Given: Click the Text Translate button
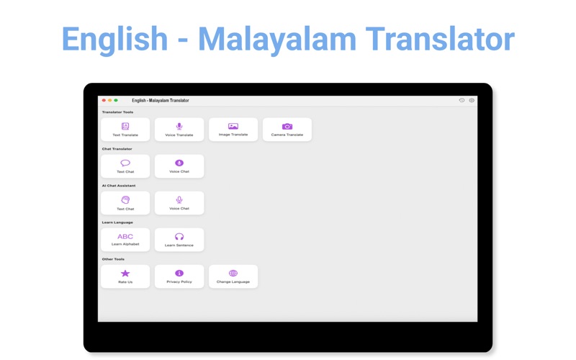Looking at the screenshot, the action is [125, 130].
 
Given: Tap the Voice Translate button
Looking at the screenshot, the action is [179, 130].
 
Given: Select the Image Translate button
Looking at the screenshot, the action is [233, 130].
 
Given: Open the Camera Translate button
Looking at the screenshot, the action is [287, 130].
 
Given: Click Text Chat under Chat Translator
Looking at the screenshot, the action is [125, 166].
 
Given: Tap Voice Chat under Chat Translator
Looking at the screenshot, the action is [179, 166].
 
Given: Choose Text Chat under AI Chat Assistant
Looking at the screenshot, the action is [125, 203].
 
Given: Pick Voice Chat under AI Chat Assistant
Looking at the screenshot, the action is [179, 203].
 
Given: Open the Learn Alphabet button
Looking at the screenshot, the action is [125, 240].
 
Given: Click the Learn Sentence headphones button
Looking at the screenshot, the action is [179, 240].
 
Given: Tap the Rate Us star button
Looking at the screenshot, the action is [125, 276].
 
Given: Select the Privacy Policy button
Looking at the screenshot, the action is [179, 276].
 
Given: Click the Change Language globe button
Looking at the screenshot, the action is [233, 276].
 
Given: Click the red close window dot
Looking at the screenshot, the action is [104, 100].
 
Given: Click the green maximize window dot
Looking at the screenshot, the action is [116, 100].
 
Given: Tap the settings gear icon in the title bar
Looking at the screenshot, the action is [472, 100].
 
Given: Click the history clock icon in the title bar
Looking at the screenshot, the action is [462, 100].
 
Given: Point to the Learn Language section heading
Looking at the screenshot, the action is [117, 222].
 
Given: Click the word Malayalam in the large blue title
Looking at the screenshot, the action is [277, 39].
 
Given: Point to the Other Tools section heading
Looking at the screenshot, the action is [113, 259].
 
